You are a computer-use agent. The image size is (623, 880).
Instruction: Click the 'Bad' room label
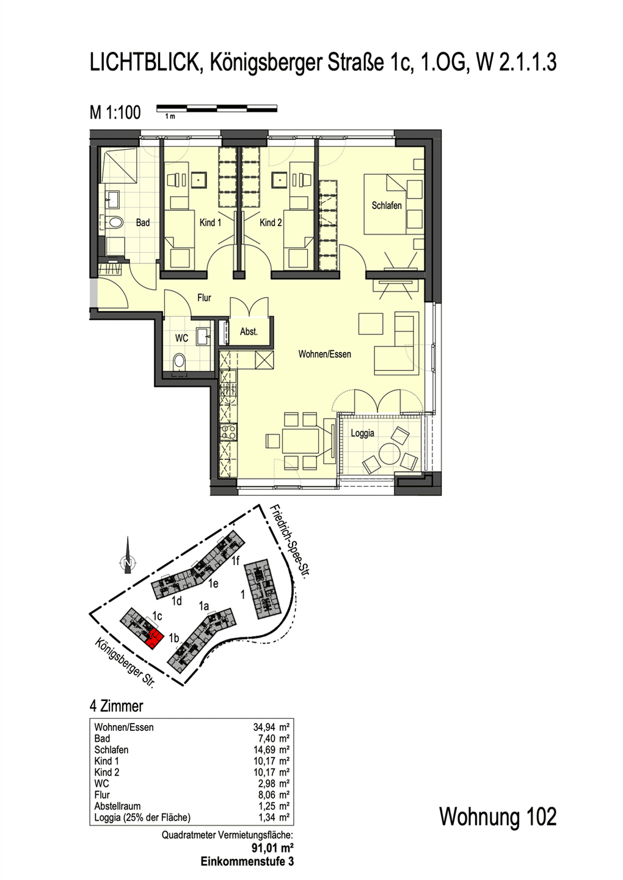(x=142, y=222)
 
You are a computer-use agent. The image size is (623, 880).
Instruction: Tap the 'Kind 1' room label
(x=210, y=222)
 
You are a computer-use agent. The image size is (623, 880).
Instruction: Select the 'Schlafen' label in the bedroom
(x=386, y=205)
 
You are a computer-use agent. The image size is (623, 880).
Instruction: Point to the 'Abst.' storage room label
(x=249, y=332)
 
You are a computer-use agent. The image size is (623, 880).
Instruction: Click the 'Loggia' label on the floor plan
(x=362, y=433)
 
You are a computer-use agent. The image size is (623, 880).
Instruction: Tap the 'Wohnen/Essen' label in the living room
(x=325, y=354)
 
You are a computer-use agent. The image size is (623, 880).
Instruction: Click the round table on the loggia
(x=389, y=453)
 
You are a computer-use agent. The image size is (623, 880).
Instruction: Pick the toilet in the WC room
(x=179, y=361)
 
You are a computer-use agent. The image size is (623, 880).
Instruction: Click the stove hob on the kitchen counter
(x=228, y=433)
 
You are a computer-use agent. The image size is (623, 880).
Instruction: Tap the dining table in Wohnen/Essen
(x=301, y=441)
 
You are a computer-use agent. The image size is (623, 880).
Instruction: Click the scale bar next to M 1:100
(x=217, y=108)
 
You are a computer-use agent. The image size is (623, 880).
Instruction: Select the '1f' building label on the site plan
(x=235, y=561)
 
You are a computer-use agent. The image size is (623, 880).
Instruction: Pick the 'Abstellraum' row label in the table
(x=117, y=807)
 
